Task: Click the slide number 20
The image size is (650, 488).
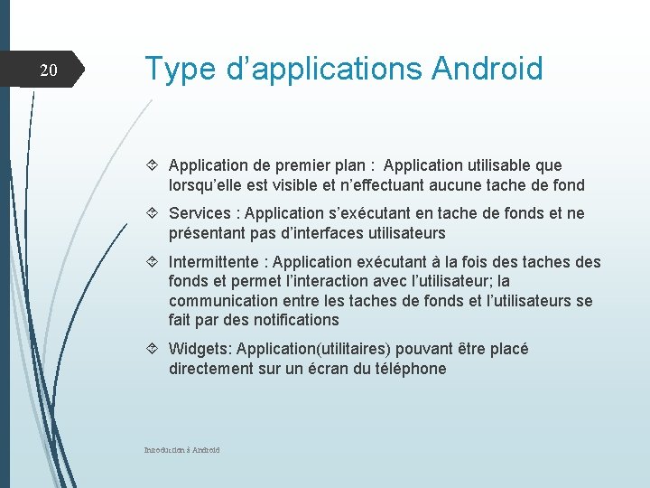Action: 49,70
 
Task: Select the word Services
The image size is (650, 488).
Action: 200,213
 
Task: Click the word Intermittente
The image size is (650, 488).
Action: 213,262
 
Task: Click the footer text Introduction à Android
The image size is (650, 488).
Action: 181,449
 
